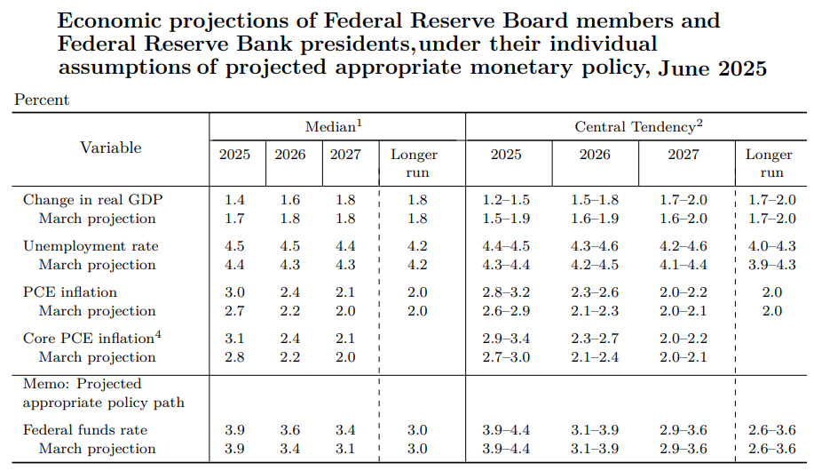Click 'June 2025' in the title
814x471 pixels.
click(x=712, y=68)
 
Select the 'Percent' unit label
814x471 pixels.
click(x=42, y=100)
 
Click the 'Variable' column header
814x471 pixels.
click(x=111, y=148)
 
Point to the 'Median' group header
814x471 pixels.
click(x=333, y=128)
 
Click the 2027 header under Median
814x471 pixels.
click(x=345, y=155)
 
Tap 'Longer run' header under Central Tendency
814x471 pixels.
click(x=769, y=163)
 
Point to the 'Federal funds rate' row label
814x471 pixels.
click(x=85, y=430)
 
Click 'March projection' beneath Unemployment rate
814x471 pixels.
click(x=97, y=265)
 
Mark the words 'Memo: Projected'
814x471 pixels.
click(x=82, y=384)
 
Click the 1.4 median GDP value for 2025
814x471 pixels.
click(x=235, y=200)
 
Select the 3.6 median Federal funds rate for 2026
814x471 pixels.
click(x=290, y=430)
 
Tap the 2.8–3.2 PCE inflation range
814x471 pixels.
click(x=506, y=292)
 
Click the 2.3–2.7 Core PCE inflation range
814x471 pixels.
click(x=595, y=339)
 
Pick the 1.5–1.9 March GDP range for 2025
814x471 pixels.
click(x=506, y=219)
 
